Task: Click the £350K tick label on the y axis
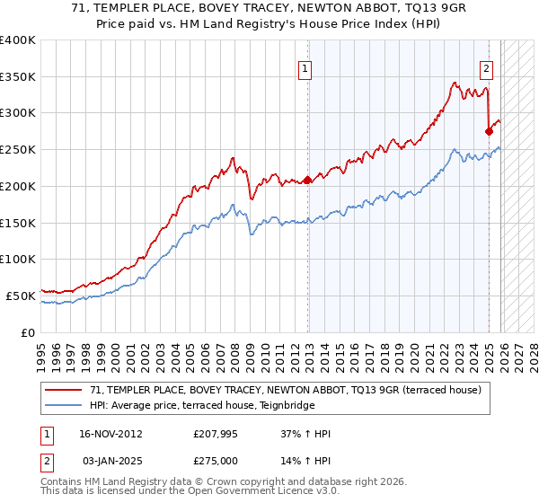(x=18, y=77)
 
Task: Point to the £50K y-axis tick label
(x=21, y=296)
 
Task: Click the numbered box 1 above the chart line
(x=305, y=67)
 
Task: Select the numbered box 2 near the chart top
(x=486, y=67)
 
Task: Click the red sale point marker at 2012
(x=307, y=181)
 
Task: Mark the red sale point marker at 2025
(x=489, y=131)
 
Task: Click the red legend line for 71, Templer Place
(x=65, y=390)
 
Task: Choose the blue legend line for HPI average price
(x=65, y=405)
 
